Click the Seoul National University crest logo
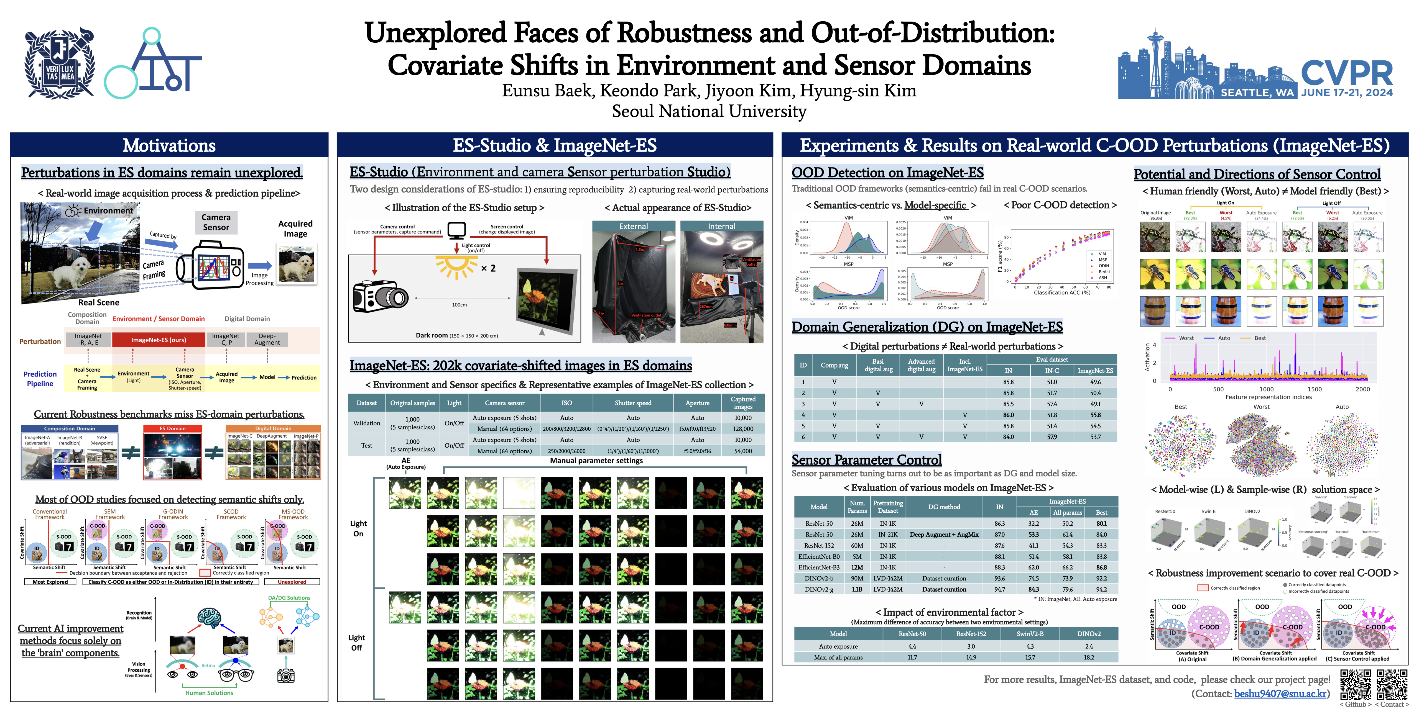coord(60,63)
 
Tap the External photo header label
coord(634,226)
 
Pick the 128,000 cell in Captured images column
coord(742,429)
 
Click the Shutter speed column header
coord(633,403)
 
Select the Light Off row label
coord(356,643)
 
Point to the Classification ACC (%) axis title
coord(1061,293)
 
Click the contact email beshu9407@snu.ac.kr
coord(1280,693)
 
